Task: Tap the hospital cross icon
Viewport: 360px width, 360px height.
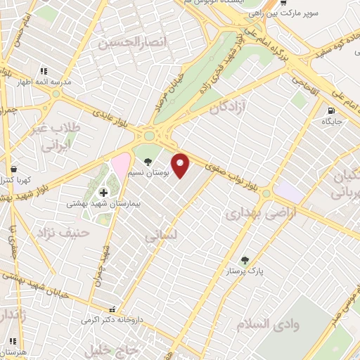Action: coord(103,192)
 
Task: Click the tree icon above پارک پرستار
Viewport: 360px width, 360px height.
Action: coord(244,259)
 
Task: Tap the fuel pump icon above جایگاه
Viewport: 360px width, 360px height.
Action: coord(330,110)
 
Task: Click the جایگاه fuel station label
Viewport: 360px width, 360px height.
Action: coord(330,122)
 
